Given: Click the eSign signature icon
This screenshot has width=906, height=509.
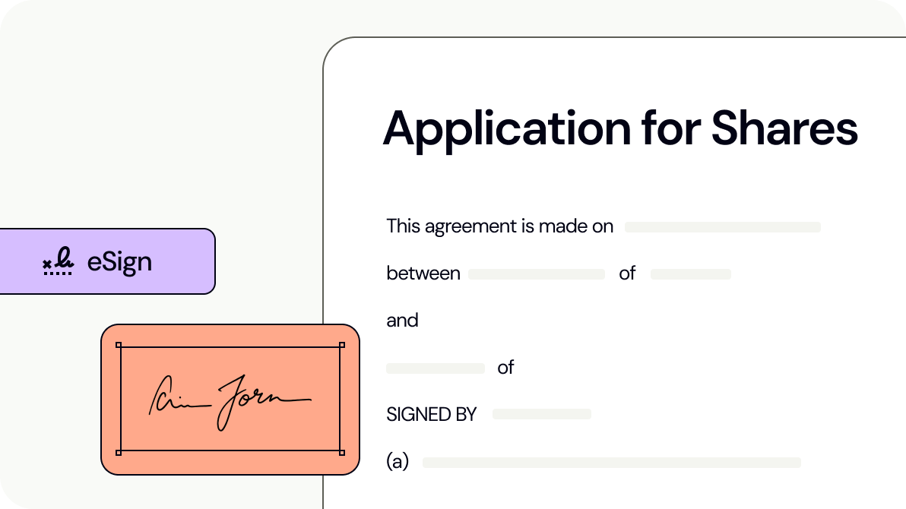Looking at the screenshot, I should coord(58,262).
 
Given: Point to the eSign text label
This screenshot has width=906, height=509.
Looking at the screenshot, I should coord(119,262).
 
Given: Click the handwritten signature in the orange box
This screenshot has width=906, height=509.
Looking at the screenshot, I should coord(229,400).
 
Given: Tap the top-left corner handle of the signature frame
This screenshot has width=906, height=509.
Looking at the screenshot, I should coord(119,345).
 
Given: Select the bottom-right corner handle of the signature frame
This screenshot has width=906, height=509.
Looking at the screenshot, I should coord(341,453).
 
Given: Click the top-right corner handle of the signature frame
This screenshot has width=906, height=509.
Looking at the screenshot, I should coord(341,345).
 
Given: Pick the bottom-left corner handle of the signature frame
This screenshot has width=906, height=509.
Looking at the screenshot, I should coord(119,453).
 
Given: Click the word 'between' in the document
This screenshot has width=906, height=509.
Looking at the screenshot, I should coord(423,273).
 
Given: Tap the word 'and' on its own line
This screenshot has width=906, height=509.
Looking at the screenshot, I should coord(402,321).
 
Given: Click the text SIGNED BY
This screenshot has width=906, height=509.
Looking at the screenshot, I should coord(431,415).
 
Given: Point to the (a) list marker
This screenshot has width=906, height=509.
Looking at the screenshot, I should coord(398,462).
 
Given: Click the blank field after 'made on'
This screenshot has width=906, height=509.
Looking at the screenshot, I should coord(722,227).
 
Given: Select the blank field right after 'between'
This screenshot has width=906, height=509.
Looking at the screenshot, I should coord(536,274).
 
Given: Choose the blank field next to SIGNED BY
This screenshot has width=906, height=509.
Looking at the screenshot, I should coord(541,414).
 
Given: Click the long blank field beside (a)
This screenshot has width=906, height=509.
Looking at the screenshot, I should coord(611,463).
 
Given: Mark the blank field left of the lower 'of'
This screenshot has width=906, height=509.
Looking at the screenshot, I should coord(435,368).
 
